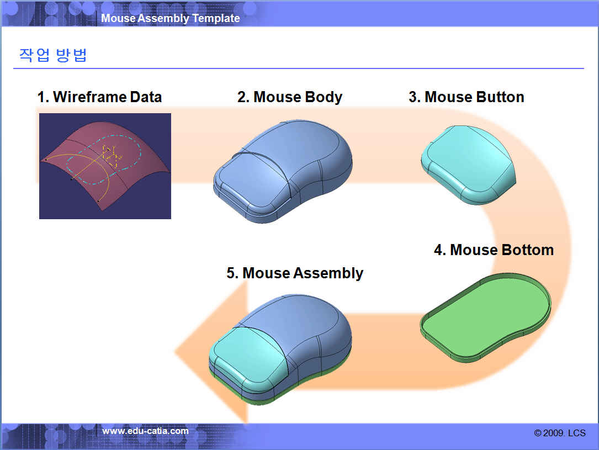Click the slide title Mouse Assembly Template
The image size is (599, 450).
tap(171, 18)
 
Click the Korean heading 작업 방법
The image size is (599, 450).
tap(53, 55)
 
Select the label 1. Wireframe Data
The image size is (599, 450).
tap(100, 97)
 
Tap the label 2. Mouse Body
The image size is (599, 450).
tap(290, 97)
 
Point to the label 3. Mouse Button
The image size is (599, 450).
tap(467, 97)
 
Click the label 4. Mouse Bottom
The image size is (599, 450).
tap(494, 250)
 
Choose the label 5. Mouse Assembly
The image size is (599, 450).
tap(295, 273)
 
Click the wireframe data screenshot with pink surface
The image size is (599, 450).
tap(105, 166)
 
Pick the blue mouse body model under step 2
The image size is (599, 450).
tap(283, 172)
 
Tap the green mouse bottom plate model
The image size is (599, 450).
tap(485, 317)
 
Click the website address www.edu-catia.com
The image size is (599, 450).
tap(145, 431)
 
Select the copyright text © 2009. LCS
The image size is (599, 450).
tap(560, 433)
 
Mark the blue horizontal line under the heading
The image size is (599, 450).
tap(299, 68)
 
